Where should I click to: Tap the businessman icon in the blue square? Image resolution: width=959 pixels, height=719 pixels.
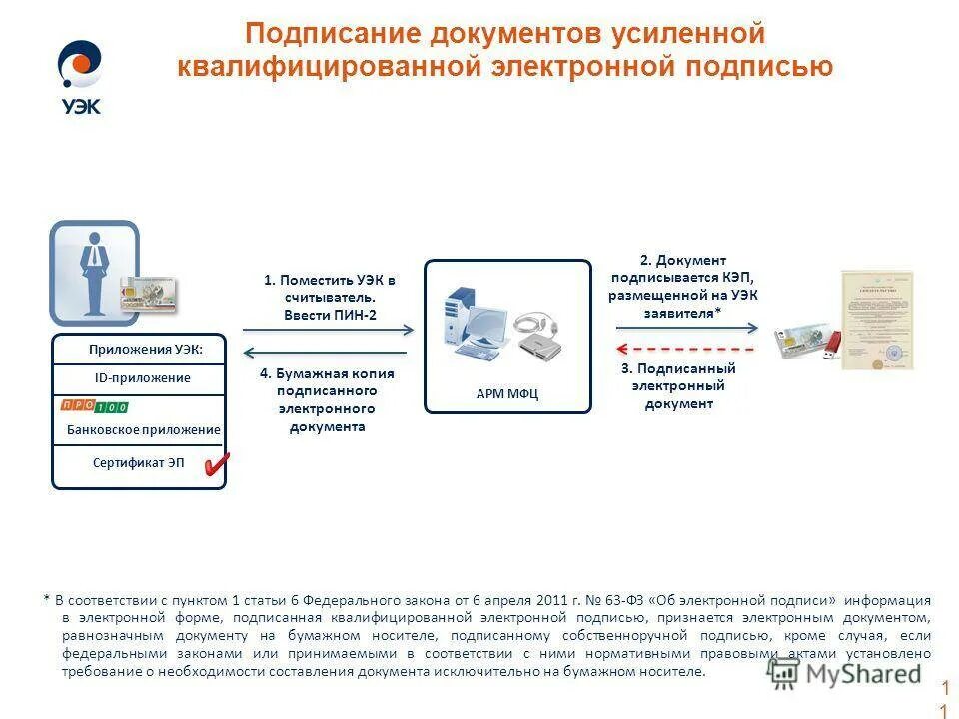pyautogui.click(x=94, y=273)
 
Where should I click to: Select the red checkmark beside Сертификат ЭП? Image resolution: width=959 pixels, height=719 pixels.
pyautogui.click(x=216, y=463)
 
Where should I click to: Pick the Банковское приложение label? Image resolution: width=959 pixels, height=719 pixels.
pyautogui.click(x=143, y=429)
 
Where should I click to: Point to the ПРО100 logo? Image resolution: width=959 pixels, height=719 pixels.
pyautogui.click(x=94, y=406)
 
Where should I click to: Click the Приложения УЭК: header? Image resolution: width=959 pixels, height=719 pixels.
pyautogui.click(x=145, y=349)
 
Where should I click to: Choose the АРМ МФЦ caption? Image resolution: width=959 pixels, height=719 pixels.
pyautogui.click(x=507, y=393)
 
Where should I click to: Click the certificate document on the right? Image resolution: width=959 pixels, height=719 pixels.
pyautogui.click(x=877, y=320)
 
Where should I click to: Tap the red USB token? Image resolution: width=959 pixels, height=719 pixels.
pyautogui.click(x=832, y=343)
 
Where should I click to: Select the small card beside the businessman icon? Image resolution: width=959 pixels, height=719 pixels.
pyautogui.click(x=148, y=295)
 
